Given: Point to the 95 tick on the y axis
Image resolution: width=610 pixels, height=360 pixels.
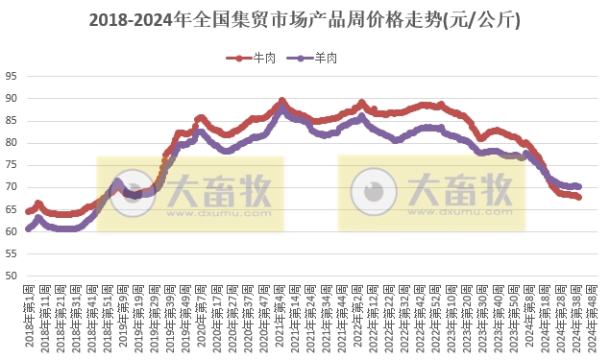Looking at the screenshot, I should [12, 76].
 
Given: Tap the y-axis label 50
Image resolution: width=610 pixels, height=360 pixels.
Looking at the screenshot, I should [12, 276].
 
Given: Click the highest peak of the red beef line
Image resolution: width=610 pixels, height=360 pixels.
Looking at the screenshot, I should [281, 100].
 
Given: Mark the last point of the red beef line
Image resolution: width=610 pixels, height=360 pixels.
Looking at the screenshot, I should [578, 197].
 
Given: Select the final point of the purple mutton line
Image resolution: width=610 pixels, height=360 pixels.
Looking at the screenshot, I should [578, 186].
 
